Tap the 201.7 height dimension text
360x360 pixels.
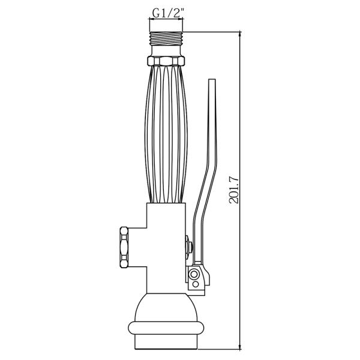pos(234,190)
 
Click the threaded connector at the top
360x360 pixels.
pos(166,38)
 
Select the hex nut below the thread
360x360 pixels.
pos(166,61)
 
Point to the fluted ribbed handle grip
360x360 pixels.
pos(166,134)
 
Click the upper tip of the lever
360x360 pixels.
pos(212,79)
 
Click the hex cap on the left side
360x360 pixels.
pos(124,247)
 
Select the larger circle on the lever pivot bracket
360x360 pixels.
pos(194,274)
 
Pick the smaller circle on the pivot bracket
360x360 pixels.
pos(195,284)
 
